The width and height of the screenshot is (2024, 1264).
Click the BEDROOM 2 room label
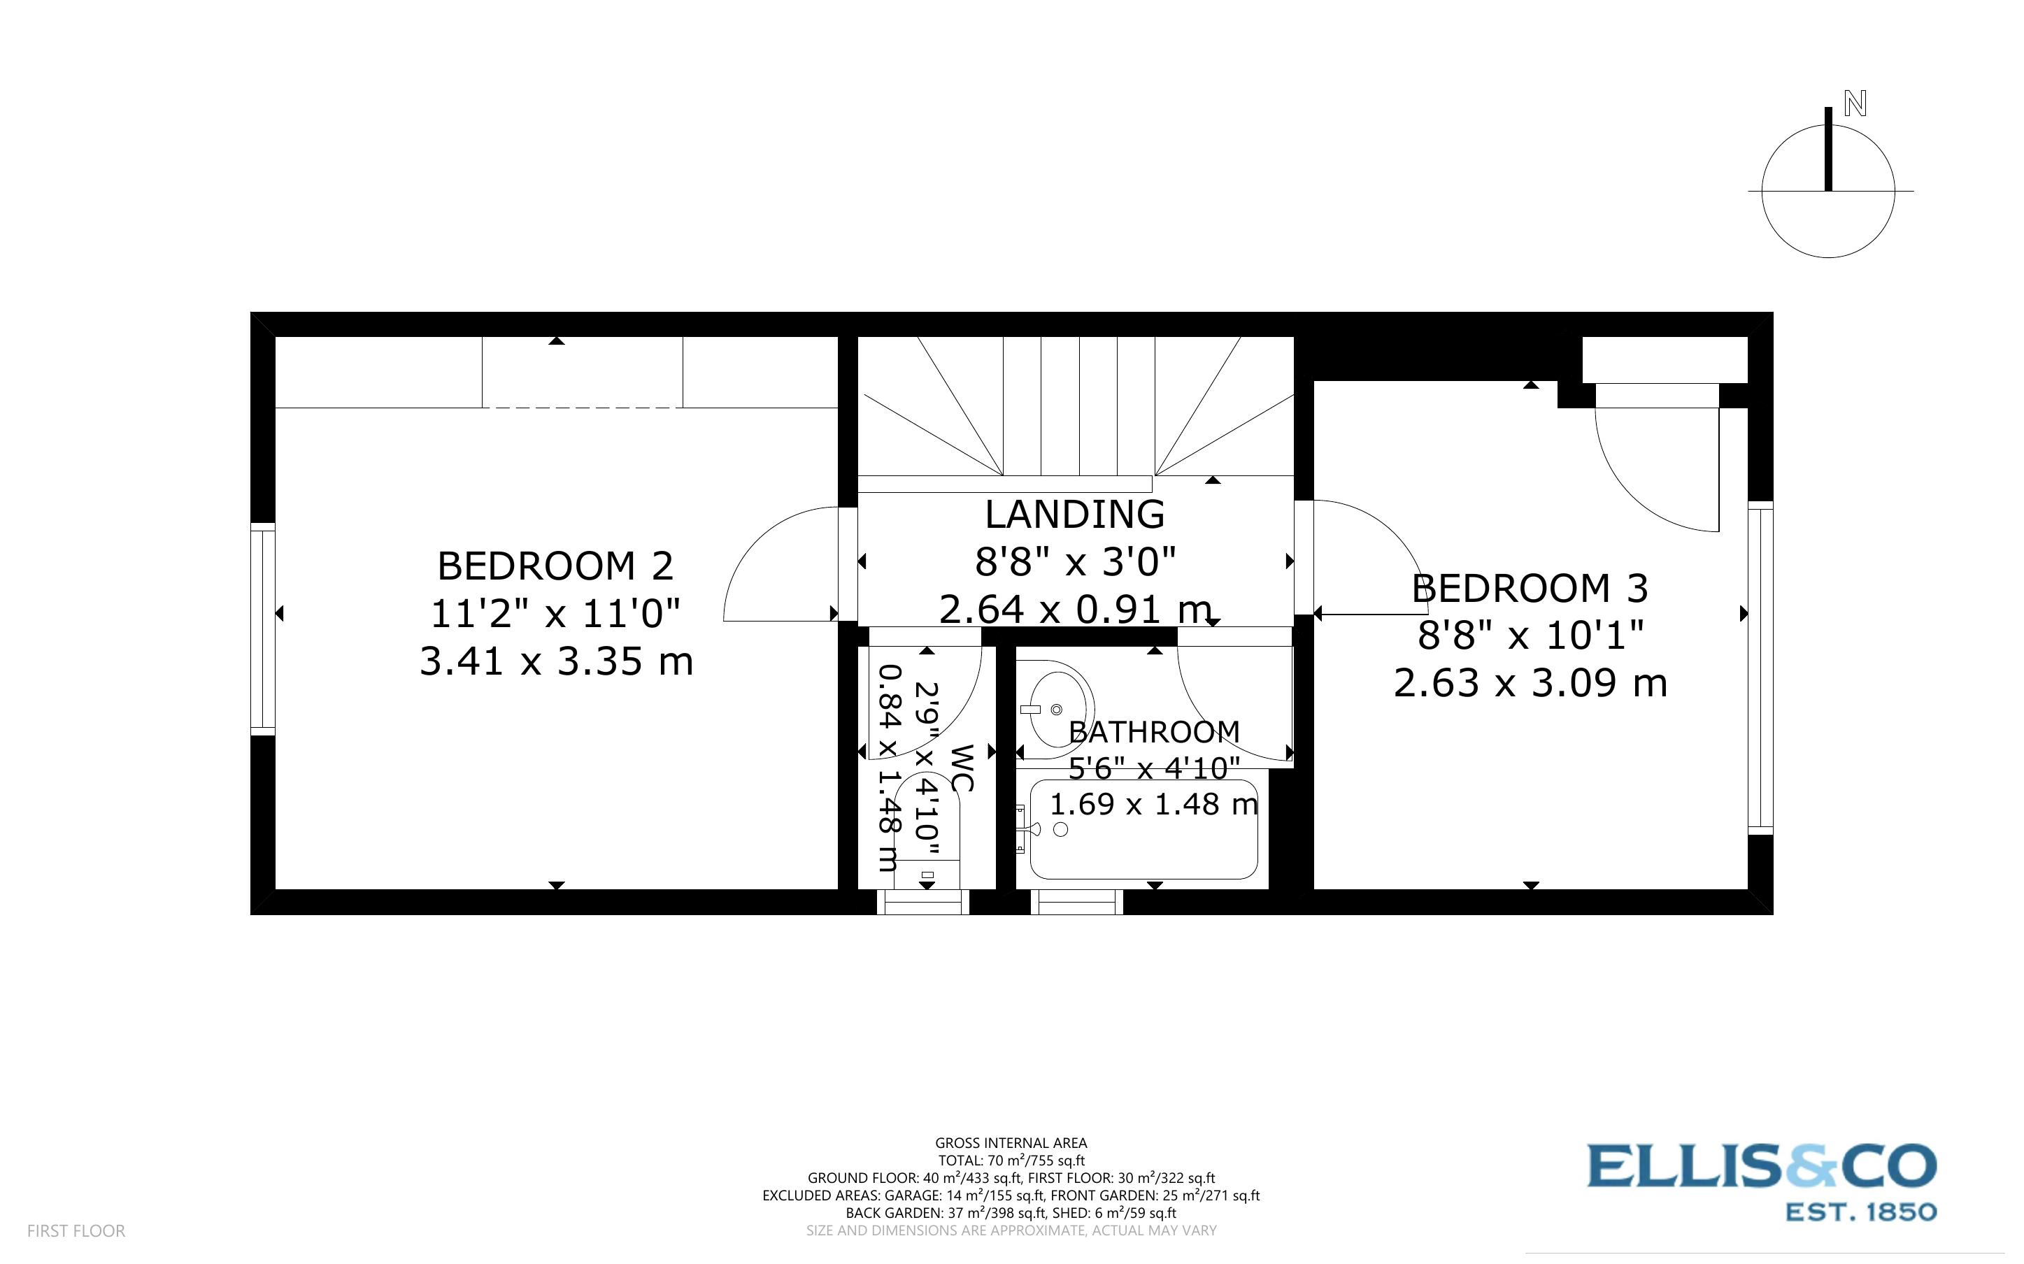click(555, 567)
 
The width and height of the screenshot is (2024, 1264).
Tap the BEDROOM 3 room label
click(1530, 589)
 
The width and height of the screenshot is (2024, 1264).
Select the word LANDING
click(1074, 514)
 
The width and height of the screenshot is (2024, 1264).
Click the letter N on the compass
click(1855, 104)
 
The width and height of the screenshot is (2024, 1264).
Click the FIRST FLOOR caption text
click(76, 1230)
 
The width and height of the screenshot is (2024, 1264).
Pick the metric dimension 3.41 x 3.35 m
click(556, 662)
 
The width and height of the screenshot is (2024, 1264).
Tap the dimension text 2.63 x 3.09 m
click(1530, 684)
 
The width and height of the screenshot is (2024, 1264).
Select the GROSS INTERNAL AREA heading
click(1011, 1143)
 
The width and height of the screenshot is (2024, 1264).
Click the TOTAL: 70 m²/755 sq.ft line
click(1011, 1161)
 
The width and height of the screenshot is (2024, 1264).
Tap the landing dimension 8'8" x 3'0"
click(1075, 562)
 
